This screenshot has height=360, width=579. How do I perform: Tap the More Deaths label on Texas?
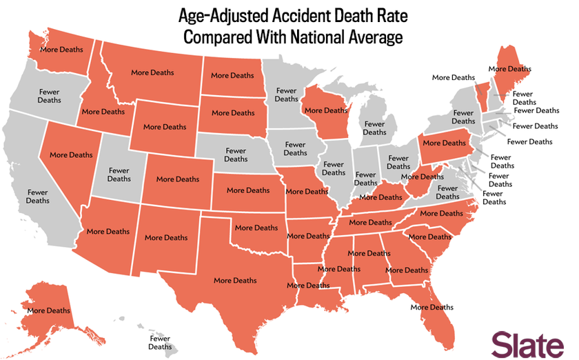coord(235,281)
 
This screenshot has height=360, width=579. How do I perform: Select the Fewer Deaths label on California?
coord(38,197)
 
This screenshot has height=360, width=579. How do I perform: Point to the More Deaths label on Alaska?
coord(48,310)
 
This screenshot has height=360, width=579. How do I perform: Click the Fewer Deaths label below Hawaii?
coord(160,343)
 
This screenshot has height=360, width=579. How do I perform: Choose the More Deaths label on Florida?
coord(432,307)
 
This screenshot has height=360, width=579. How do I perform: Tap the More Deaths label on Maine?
coord(509,69)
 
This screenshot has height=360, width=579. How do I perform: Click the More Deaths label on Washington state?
coord(61,50)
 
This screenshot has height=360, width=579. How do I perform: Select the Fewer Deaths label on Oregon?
coord(49,96)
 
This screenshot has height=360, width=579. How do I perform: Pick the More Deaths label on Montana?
coord(152,72)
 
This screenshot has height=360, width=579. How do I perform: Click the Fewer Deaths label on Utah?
coord(119,174)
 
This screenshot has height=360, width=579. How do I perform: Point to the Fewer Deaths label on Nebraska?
coord(236,154)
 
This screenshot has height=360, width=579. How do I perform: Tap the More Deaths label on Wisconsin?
coord(325,110)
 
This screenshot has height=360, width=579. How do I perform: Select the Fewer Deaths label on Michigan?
coord(374,128)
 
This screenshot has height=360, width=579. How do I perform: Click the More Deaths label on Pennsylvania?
coord(444,143)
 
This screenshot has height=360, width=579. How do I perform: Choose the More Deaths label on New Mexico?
coord(166,237)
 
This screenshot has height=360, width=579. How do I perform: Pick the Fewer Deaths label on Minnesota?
coord(286,94)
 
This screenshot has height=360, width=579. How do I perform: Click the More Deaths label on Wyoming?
coord(165,127)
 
